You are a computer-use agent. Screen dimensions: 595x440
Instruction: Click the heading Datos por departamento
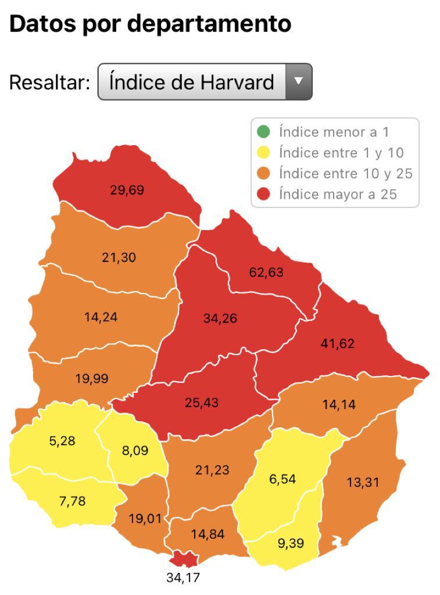click(150, 24)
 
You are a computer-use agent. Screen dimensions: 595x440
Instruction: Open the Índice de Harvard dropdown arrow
click(298, 81)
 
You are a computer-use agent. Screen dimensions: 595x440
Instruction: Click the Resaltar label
click(49, 82)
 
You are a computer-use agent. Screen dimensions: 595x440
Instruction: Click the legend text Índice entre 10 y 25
click(345, 173)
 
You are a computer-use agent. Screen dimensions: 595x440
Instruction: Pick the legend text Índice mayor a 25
click(338, 194)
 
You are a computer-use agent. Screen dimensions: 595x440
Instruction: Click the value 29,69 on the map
click(127, 189)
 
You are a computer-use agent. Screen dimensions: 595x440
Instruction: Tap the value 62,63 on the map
click(266, 271)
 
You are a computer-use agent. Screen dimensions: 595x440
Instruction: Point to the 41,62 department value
click(337, 343)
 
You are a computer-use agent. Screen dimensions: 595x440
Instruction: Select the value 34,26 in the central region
click(220, 318)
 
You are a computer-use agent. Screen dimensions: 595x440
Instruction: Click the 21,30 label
click(119, 257)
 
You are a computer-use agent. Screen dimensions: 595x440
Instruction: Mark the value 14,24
click(101, 317)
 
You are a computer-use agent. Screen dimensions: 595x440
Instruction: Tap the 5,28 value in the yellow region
click(62, 440)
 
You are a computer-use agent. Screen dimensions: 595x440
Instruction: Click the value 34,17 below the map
click(183, 578)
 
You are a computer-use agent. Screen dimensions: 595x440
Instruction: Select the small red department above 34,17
click(183, 559)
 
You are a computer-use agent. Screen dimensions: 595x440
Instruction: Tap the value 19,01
click(145, 518)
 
